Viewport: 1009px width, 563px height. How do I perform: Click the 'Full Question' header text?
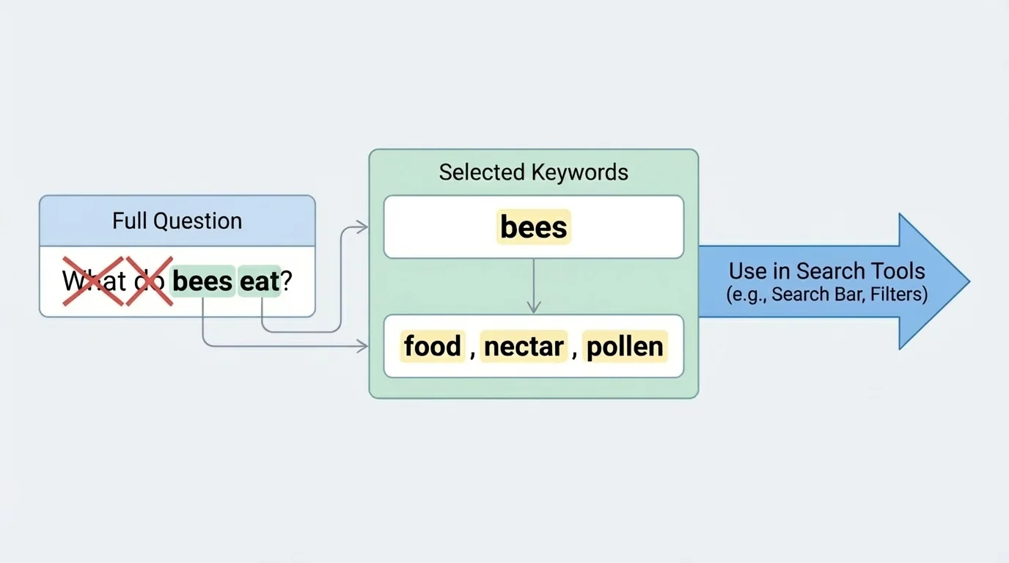pyautogui.click(x=177, y=221)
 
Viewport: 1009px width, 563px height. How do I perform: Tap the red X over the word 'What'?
pyautogui.click(x=92, y=281)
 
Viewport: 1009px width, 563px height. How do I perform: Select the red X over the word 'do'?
pyautogui.click(x=149, y=281)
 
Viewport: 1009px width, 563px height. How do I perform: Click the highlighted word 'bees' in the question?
pyautogui.click(x=202, y=281)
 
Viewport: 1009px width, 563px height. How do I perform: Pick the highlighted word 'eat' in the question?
pyautogui.click(x=259, y=281)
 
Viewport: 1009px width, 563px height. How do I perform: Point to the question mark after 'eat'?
pyautogui.click(x=287, y=281)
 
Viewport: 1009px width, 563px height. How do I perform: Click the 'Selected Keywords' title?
pyautogui.click(x=533, y=172)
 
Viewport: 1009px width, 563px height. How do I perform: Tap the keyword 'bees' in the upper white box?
pyautogui.click(x=533, y=227)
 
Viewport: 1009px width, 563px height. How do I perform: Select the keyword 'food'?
pyautogui.click(x=433, y=346)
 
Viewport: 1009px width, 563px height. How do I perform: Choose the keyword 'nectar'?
pyautogui.click(x=524, y=346)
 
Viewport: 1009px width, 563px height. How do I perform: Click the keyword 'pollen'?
pyautogui.click(x=625, y=346)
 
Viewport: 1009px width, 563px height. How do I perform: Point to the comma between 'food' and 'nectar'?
pyautogui.click(x=473, y=352)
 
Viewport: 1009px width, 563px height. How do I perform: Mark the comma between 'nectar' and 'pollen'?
pyautogui.click(x=575, y=352)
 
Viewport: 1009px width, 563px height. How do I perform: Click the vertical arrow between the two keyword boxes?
pyautogui.click(x=534, y=286)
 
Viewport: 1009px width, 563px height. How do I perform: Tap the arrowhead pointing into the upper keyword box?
pyautogui.click(x=363, y=227)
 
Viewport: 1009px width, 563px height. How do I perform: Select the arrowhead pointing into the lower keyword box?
pyautogui.click(x=363, y=346)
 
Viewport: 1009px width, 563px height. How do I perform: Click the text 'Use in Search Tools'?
pyautogui.click(x=826, y=271)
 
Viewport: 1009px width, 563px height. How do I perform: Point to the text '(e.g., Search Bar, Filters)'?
pyautogui.click(x=826, y=295)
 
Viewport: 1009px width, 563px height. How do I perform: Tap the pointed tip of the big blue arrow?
pyautogui.click(x=967, y=281)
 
